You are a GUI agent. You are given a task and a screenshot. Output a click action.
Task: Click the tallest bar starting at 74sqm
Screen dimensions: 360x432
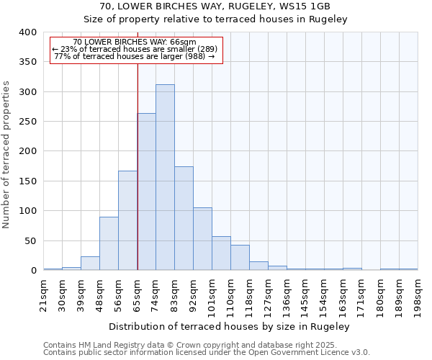[x=165, y=177]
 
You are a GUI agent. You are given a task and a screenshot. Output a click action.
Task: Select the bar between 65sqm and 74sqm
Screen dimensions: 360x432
[x=146, y=192]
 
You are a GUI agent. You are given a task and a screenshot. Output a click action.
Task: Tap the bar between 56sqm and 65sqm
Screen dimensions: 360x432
[x=127, y=220]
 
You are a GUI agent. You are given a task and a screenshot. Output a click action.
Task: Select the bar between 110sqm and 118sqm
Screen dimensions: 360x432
[x=240, y=258]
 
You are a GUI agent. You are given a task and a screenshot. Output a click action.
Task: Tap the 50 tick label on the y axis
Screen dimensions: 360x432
[x=30, y=241]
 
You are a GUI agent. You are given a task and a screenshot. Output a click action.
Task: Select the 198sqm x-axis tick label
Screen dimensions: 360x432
[x=418, y=294]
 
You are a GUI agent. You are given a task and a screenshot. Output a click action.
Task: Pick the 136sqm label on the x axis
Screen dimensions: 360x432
[x=287, y=294]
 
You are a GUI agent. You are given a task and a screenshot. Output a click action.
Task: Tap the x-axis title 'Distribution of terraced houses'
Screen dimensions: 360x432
[x=230, y=327]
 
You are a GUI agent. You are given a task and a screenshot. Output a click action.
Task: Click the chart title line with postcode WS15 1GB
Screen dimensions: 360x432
[x=215, y=6]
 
